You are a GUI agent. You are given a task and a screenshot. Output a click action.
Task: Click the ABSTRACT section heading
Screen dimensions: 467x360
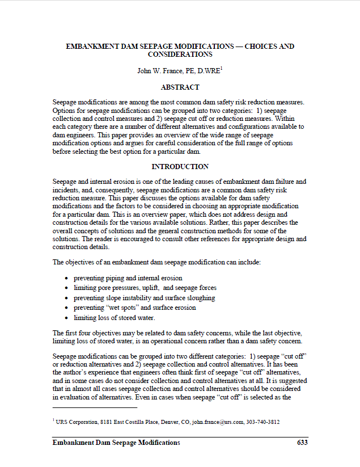point(180,87)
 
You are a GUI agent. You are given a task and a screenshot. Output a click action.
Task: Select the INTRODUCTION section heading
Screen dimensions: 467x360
point(180,167)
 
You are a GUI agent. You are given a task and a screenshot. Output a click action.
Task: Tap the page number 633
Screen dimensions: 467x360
point(302,443)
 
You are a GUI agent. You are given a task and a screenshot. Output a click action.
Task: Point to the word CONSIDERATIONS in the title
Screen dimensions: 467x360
point(180,54)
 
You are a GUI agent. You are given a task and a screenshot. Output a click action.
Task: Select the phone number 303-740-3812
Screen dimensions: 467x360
point(262,422)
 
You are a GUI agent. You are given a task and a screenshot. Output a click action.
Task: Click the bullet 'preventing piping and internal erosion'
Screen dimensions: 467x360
point(128,278)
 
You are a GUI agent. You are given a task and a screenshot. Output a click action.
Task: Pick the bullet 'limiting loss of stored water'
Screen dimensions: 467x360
point(114,318)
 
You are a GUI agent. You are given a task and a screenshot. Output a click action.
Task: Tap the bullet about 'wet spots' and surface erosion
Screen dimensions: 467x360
point(135,308)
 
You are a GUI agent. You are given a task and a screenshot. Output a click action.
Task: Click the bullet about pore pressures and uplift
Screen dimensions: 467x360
point(145,288)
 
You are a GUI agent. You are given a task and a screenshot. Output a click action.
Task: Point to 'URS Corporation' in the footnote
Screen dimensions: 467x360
point(73,422)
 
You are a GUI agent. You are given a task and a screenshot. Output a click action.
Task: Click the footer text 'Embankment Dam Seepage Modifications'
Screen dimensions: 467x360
point(116,443)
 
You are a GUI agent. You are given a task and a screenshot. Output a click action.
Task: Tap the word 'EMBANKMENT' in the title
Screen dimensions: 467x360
point(93,46)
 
